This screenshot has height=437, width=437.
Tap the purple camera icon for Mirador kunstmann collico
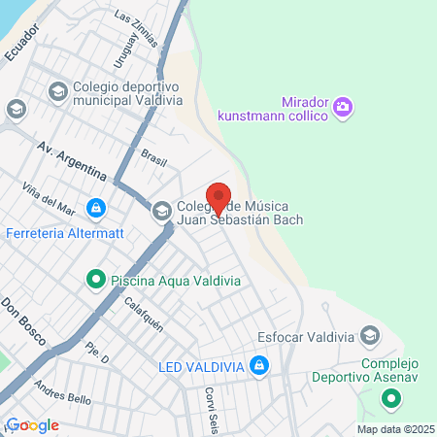[x=342, y=108]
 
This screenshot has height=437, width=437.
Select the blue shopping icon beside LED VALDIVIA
[x=259, y=366]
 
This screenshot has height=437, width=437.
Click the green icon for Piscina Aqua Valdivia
[x=95, y=281]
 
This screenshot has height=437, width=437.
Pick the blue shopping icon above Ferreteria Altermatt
[x=95, y=208]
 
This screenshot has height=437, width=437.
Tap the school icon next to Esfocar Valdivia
[x=369, y=337]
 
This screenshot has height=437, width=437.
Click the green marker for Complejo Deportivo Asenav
[x=390, y=398]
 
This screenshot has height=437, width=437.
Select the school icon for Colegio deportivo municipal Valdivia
[x=56, y=91]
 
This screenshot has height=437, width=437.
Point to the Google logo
[x=32, y=425]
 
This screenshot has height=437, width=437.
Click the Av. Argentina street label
[x=71, y=159]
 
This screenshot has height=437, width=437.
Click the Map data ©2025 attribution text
[x=393, y=428]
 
